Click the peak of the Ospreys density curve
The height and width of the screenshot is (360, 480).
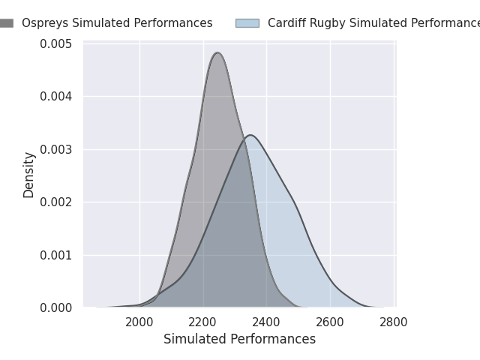tap(217, 52)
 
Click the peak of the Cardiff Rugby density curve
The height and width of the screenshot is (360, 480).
tap(250, 135)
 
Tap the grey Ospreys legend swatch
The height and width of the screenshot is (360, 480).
tap(6, 23)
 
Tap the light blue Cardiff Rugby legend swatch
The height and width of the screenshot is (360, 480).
tap(247, 23)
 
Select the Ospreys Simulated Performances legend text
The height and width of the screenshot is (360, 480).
tap(117, 23)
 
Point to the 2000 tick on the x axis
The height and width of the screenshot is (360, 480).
tap(139, 322)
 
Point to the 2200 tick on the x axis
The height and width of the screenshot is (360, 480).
tap(203, 322)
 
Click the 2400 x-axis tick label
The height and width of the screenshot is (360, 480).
tap(267, 322)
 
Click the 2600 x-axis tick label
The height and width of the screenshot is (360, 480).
tap(330, 322)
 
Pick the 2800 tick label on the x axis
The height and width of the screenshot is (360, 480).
tap(394, 322)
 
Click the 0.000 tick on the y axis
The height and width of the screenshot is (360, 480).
tap(57, 307)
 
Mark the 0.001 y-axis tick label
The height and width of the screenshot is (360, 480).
tap(57, 255)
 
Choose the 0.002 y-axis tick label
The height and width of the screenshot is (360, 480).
tap(57, 202)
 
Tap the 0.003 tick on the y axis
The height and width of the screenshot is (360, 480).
tap(57, 149)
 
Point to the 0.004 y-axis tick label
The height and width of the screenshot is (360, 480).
tap(57, 96)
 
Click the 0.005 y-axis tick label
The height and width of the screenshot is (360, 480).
tap(57, 43)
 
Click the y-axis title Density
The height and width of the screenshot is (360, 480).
tap(29, 175)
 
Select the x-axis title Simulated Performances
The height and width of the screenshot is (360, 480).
tap(239, 339)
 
